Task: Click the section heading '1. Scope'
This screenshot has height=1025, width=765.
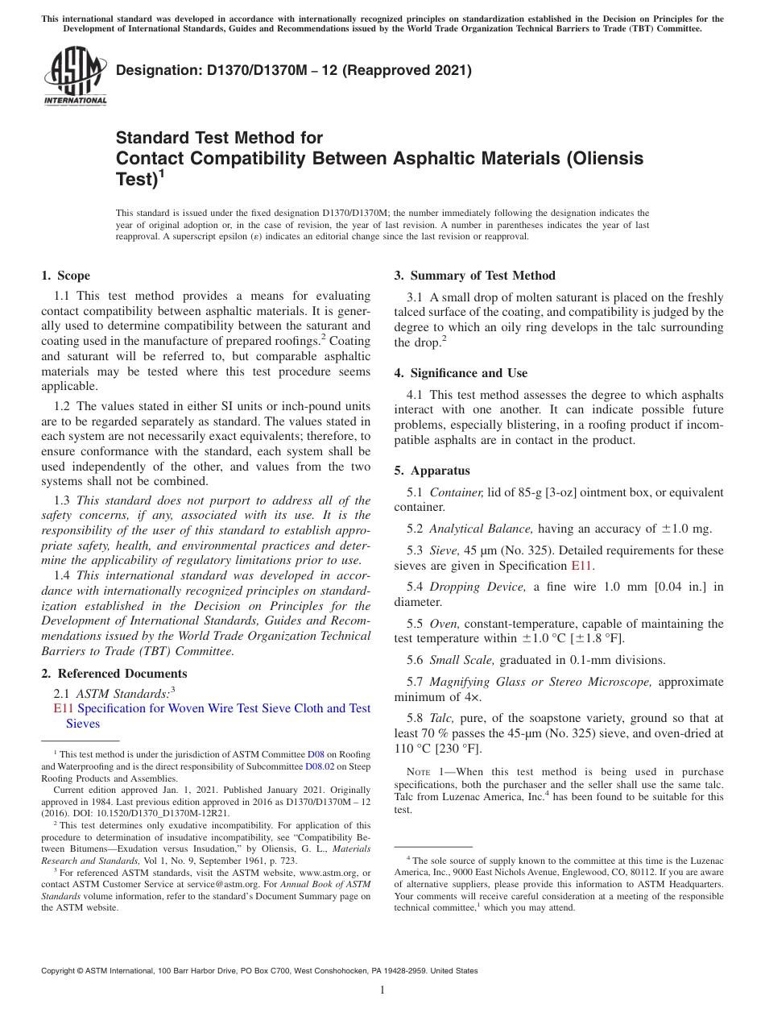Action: [x=66, y=276]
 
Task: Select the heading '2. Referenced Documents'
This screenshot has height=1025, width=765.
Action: [x=114, y=674]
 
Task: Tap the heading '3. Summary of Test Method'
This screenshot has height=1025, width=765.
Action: [x=474, y=276]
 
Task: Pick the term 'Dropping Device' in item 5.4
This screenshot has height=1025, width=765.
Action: [x=478, y=587]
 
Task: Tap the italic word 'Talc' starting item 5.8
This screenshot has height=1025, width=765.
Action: [x=443, y=718]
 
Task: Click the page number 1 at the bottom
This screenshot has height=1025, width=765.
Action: [x=382, y=990]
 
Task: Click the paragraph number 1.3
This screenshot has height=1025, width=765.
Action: [x=62, y=500]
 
